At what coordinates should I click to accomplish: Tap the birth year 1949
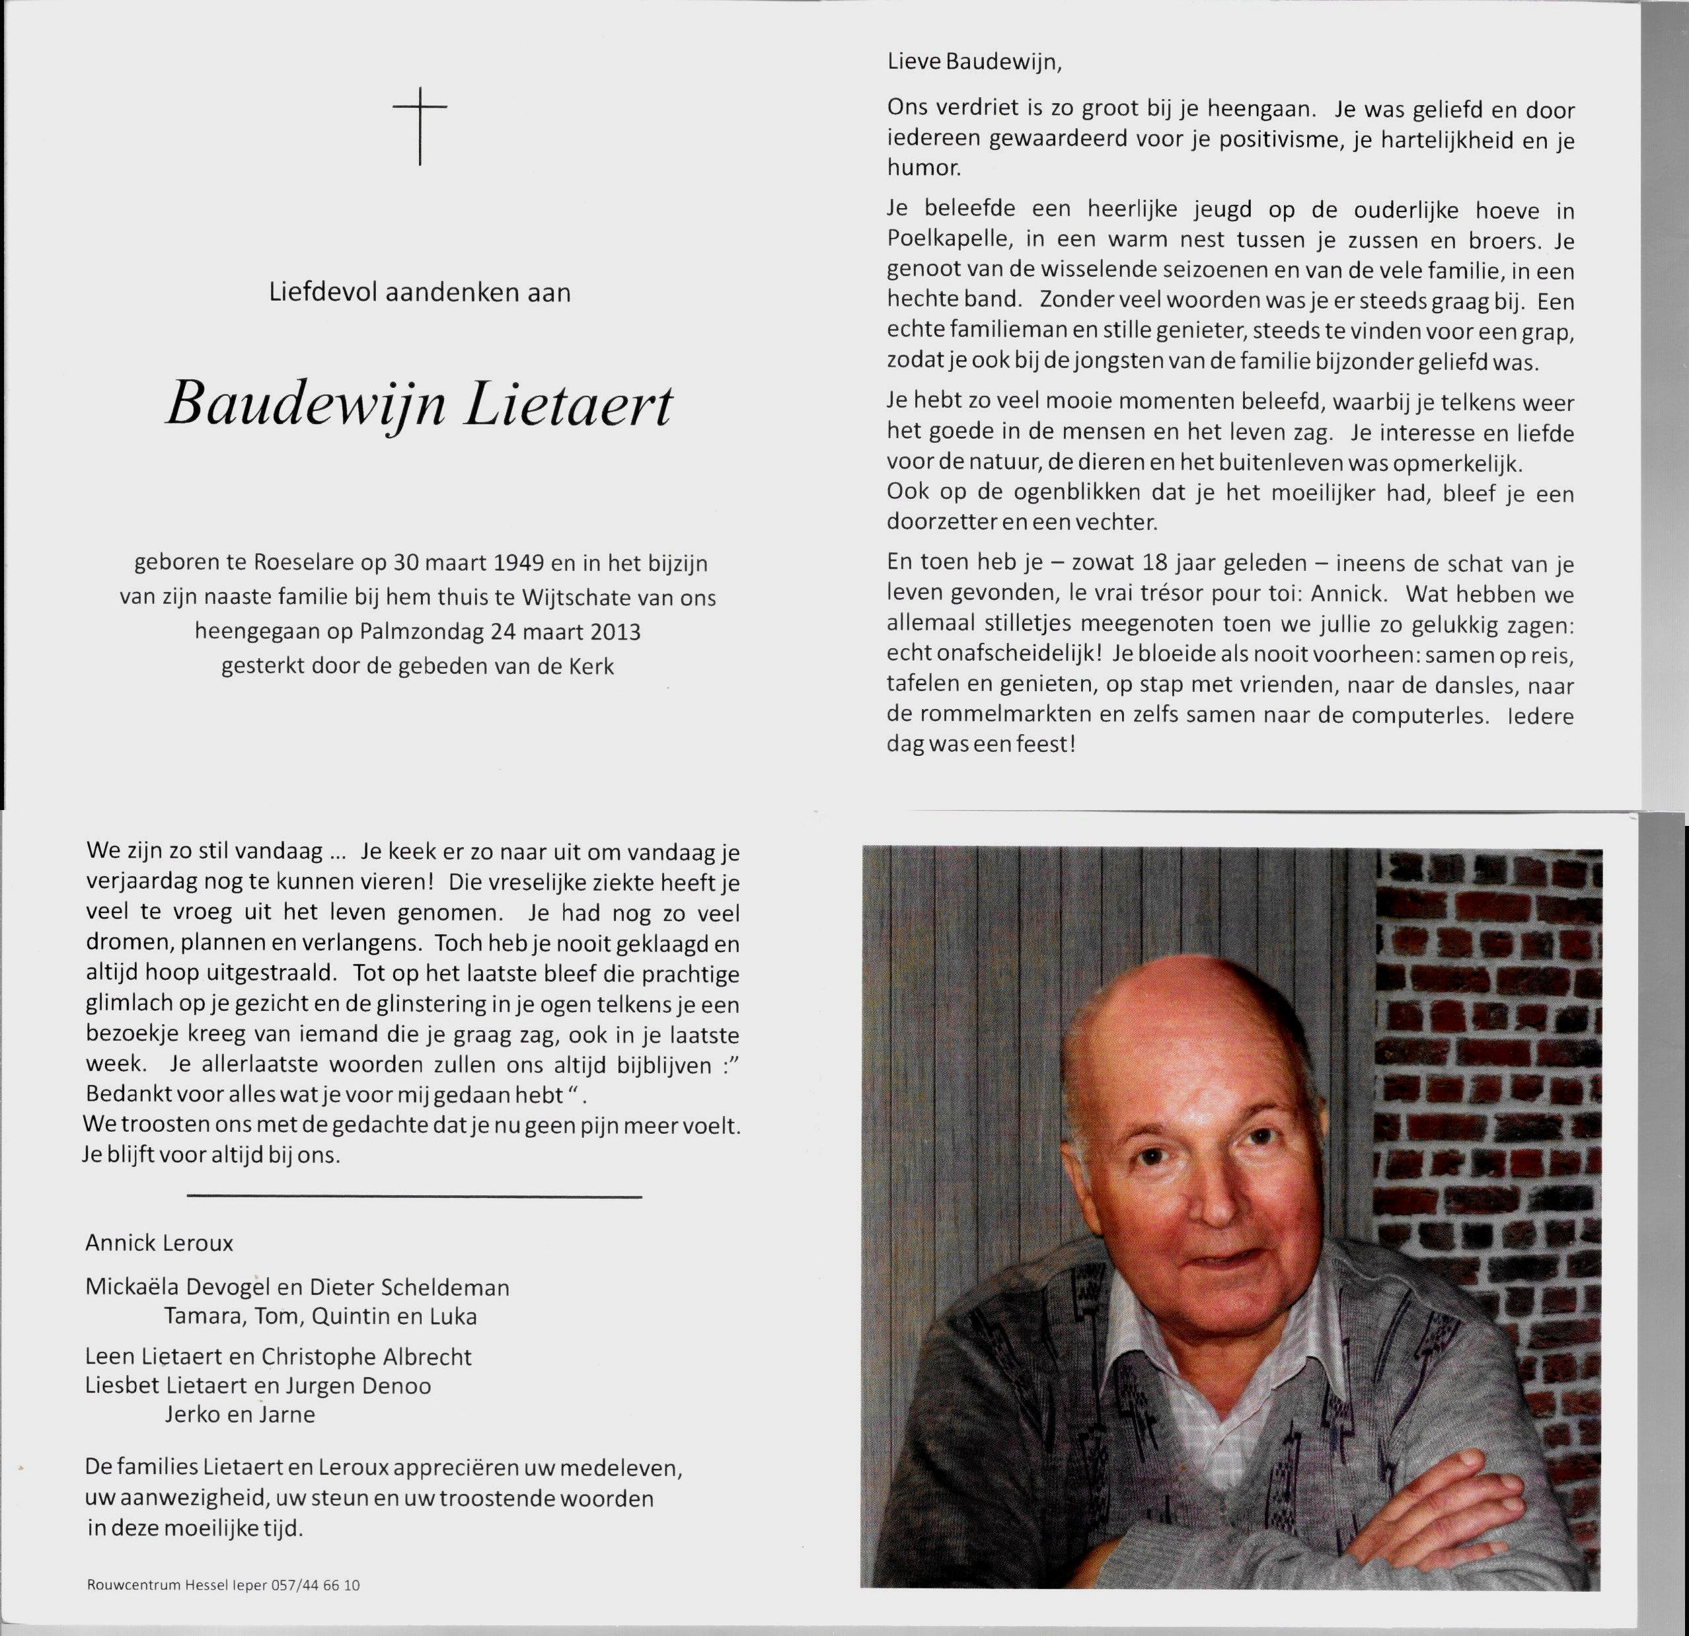coord(519,564)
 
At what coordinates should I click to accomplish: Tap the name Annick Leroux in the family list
coord(159,1243)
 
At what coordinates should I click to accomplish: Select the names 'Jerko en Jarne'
coord(240,1415)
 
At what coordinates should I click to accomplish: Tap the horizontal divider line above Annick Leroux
coord(414,1197)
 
